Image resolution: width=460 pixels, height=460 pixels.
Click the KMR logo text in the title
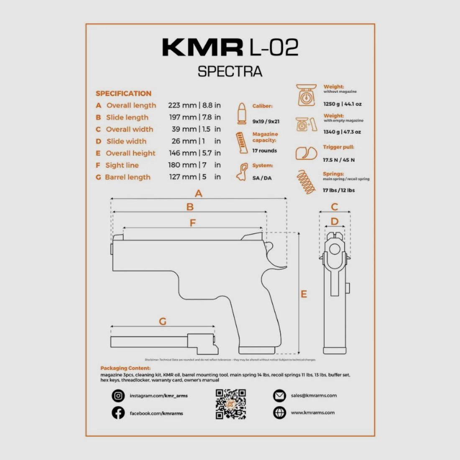202,47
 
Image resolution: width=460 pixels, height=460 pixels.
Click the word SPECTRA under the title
230,72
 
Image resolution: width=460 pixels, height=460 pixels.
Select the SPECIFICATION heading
123,93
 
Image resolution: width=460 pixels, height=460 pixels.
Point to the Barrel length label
128,177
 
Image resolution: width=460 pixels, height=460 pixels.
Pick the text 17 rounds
264,151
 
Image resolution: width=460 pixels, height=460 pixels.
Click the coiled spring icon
306,182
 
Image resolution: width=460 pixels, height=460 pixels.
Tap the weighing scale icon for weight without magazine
306,95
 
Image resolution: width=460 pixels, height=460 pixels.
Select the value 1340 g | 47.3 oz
342,132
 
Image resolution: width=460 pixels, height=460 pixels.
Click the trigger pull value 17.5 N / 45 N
339,160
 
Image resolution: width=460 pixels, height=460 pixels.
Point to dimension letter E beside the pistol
304,294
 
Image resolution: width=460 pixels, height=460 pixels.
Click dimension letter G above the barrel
163,321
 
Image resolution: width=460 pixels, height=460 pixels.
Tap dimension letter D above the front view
335,221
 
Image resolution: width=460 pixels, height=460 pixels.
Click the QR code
230,404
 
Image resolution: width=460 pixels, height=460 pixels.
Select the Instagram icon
118,396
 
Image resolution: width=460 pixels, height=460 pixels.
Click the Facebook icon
118,413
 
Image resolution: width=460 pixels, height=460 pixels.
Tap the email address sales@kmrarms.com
314,395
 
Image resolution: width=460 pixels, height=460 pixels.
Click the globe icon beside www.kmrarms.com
279,412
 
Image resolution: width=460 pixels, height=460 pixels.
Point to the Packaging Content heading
125,368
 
